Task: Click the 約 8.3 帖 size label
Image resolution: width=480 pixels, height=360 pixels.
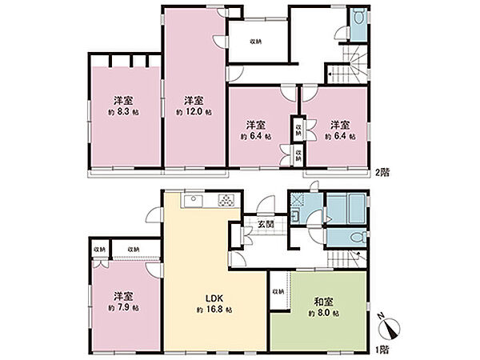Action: pos(122,114)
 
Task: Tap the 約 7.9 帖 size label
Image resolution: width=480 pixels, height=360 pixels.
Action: pos(122,307)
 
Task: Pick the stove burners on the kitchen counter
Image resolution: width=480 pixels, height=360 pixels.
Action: pos(227,201)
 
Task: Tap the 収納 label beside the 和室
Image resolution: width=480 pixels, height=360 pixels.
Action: pos(278,290)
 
